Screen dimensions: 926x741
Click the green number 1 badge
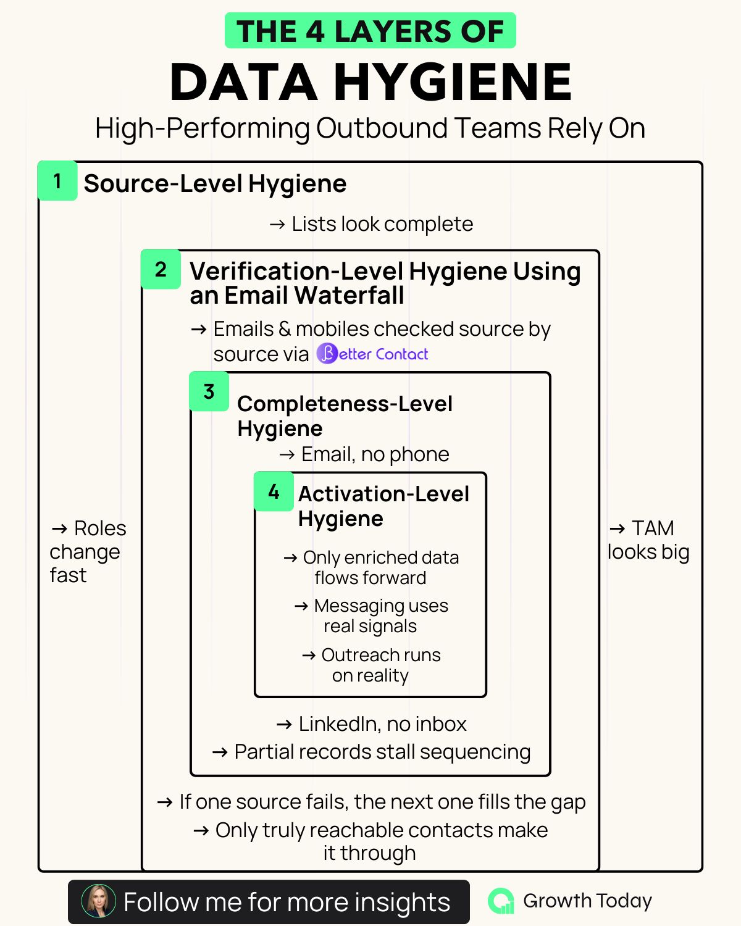(57, 181)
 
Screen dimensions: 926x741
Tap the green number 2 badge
(161, 269)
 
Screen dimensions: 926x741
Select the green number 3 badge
(209, 391)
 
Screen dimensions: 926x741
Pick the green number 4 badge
(274, 491)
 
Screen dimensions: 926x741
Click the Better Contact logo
(372, 354)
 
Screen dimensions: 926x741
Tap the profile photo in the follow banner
(99, 901)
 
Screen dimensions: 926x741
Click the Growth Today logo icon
(501, 901)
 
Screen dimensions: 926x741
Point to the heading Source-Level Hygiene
(215, 183)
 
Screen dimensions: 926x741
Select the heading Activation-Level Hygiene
(383, 506)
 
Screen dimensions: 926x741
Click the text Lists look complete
(382, 223)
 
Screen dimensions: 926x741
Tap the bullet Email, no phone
(375, 454)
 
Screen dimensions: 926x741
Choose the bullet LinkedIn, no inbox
(382, 724)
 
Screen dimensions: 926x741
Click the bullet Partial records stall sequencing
(382, 752)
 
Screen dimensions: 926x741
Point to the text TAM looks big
(648, 540)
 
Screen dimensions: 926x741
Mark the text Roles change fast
(86, 551)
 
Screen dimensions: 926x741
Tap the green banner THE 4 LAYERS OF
(371, 31)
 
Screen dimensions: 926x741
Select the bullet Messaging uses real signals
(380, 615)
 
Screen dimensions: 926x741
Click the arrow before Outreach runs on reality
(309, 655)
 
